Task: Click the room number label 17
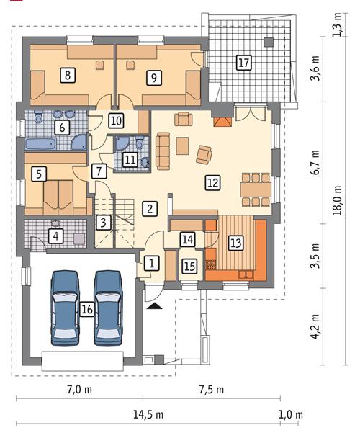tap(244, 63)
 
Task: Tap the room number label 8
tap(68, 74)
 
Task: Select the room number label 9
tap(153, 76)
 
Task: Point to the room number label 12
tap(212, 183)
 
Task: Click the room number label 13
tap(235, 242)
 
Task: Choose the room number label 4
tap(55, 234)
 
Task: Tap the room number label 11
tap(130, 159)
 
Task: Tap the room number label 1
tap(151, 263)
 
